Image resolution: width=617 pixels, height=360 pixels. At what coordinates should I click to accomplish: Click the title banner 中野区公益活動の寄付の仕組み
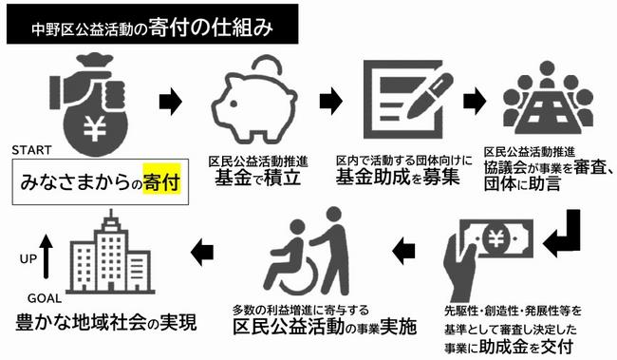tap(152, 28)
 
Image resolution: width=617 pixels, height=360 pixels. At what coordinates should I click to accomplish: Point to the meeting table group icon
tap(547, 99)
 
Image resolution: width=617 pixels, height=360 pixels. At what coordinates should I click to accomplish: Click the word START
tap(35, 149)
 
